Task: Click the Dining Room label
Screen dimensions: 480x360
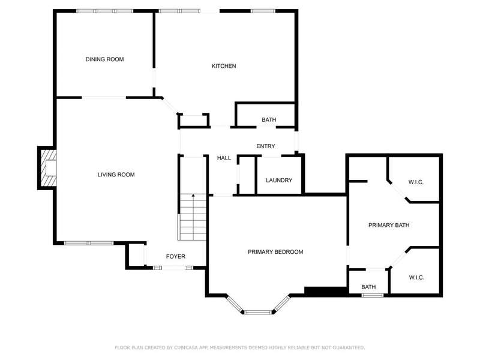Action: point(104,59)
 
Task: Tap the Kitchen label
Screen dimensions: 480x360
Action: point(224,66)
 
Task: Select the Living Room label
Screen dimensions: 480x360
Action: point(116,175)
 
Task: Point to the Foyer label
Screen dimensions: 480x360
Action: point(175,257)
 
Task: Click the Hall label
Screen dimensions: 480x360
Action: point(224,158)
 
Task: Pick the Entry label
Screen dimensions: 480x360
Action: point(266,146)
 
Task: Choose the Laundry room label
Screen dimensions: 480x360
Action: point(279,181)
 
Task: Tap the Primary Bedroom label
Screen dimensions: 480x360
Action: point(275,252)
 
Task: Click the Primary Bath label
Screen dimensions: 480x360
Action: point(389,226)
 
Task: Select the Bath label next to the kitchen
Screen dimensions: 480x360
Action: point(269,119)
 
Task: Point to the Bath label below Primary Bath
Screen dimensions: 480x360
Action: point(368,287)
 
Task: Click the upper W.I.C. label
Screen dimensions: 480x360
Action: point(416,182)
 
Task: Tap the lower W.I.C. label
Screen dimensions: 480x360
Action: point(416,278)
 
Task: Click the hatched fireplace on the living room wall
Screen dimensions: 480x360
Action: point(48,168)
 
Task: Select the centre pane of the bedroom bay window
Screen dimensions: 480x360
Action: point(258,312)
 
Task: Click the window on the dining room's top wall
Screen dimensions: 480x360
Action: point(104,11)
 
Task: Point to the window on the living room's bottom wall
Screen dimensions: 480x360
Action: point(89,243)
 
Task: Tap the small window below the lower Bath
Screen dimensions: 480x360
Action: point(372,295)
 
